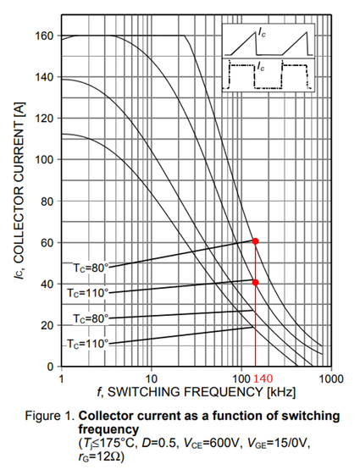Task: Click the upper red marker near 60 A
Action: pos(256,241)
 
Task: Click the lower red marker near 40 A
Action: pos(256,282)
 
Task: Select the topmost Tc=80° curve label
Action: pos(89,268)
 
